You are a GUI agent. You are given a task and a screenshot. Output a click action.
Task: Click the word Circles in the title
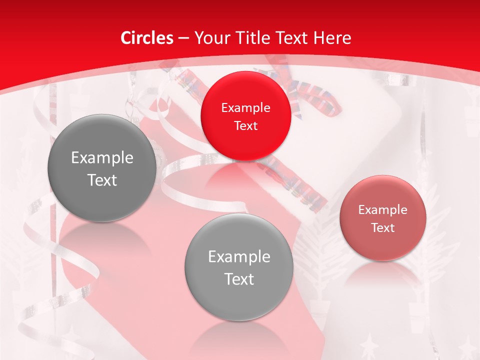tap(147, 38)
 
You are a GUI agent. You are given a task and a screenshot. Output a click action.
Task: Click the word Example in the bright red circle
tap(245, 107)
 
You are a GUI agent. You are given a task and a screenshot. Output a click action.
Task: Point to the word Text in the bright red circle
tap(245, 125)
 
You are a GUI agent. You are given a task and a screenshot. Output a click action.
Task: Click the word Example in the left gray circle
tap(102, 158)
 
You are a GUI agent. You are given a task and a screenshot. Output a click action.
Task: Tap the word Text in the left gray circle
tap(102, 180)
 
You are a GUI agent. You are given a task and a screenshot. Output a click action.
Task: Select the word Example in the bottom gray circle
tap(239, 257)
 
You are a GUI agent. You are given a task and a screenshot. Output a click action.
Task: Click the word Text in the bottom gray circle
tap(239, 279)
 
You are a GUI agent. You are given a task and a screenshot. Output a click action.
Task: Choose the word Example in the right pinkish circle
tap(383, 209)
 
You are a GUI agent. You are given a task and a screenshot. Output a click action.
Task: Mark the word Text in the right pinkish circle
tap(383, 227)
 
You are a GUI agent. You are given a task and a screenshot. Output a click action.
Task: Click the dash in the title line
tap(183, 38)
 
